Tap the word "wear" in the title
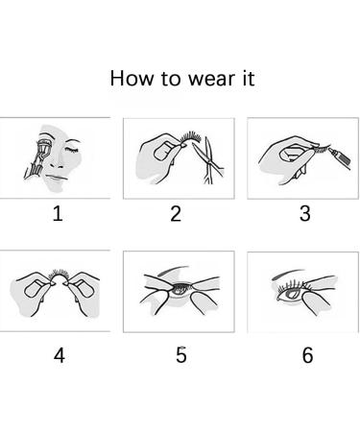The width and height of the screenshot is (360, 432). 211,80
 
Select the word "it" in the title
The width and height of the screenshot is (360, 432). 248,79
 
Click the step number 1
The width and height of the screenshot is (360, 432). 58,214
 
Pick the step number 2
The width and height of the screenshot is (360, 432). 176,214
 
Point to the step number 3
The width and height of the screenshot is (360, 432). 305,214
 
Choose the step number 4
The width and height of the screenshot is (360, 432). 60,355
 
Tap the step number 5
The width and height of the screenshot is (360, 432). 181,355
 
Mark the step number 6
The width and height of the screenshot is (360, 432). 307,355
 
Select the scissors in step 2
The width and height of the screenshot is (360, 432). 207,160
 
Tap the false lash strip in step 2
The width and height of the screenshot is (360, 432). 191,137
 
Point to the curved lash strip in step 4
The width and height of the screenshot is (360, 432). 60,275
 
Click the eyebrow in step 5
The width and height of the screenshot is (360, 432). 174,271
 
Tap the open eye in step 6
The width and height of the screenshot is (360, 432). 291,294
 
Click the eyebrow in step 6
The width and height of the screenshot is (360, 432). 287,274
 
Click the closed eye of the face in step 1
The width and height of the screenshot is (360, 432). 72,151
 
